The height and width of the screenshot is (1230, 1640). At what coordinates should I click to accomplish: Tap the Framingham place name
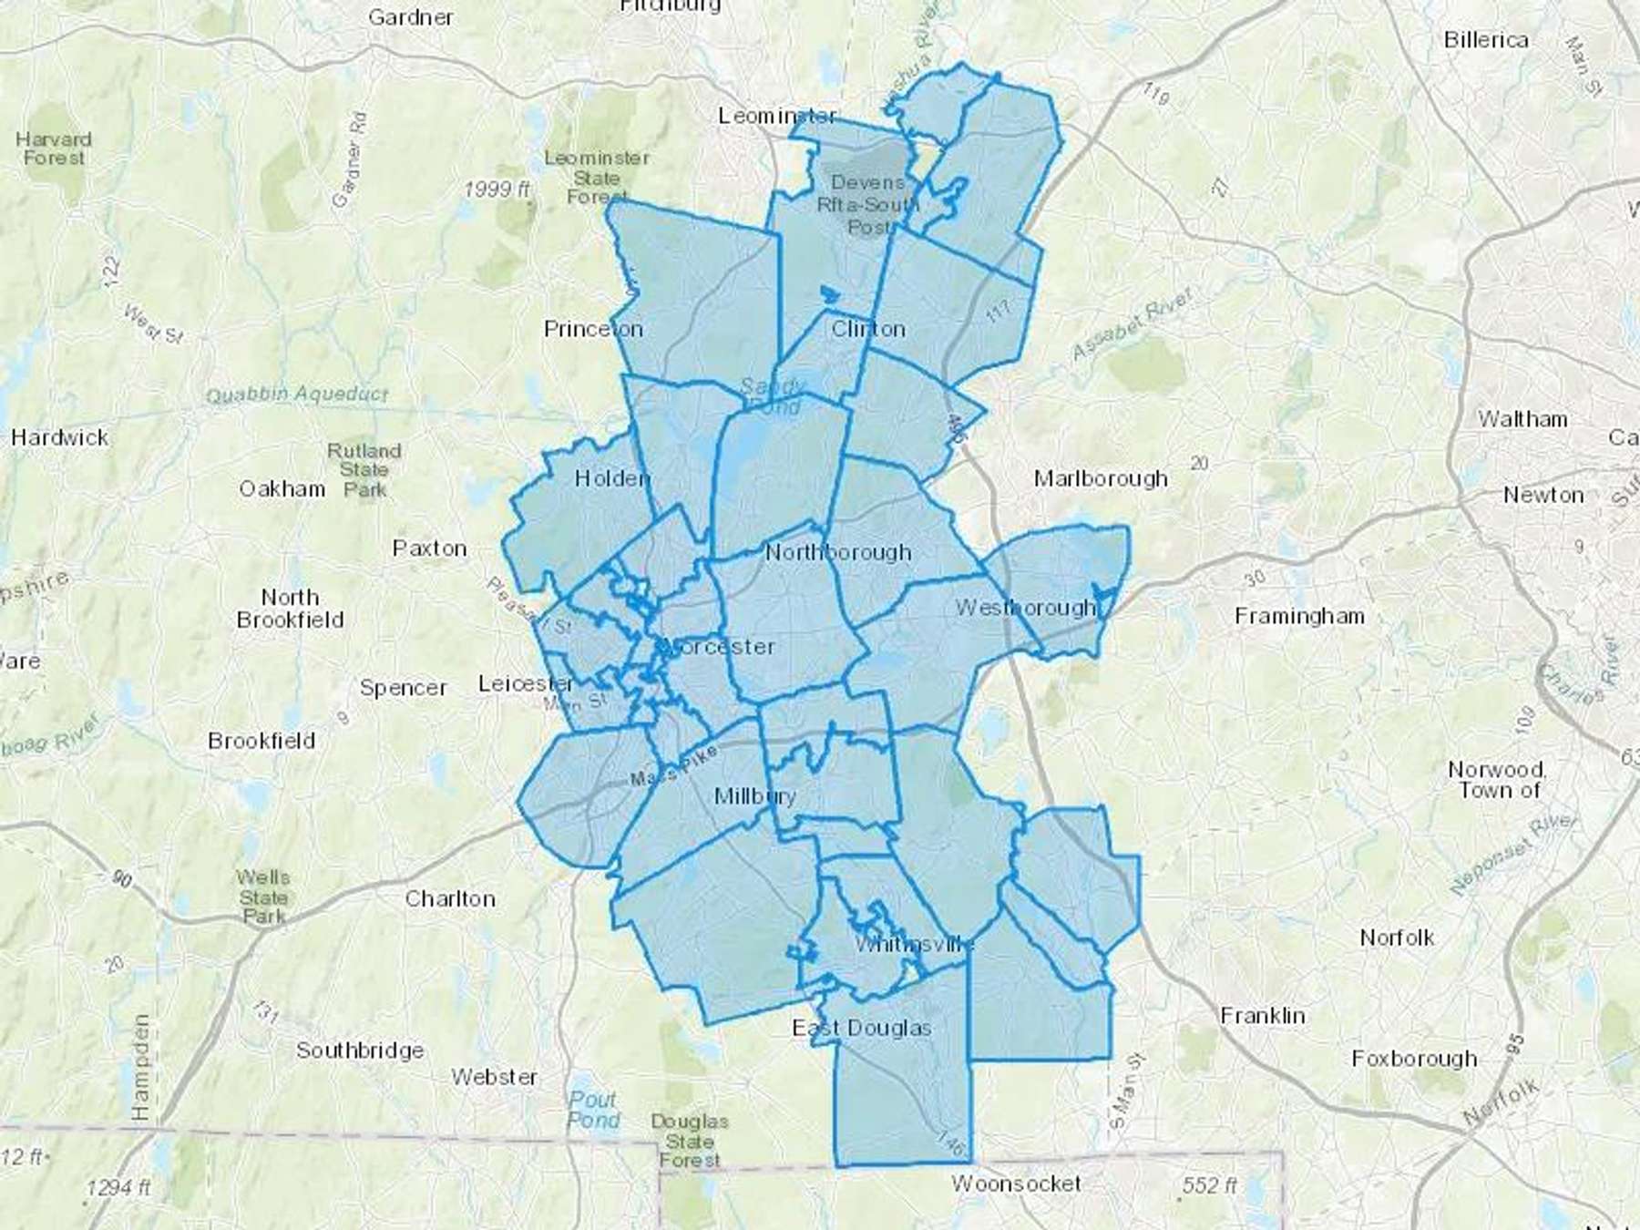[x=1299, y=617]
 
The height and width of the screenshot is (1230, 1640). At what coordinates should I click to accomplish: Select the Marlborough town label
[x=1101, y=478]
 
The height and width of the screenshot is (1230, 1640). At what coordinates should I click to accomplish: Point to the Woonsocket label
[x=1016, y=1184]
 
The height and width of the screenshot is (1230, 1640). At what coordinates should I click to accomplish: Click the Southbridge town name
[x=360, y=1051]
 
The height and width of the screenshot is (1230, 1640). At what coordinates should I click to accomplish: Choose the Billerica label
[x=1485, y=40]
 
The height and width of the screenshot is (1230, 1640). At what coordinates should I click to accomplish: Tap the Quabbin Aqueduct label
[x=297, y=395]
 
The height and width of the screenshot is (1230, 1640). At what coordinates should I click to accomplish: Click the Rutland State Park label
[x=364, y=470]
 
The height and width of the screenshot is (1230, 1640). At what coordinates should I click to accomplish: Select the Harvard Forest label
[x=54, y=149]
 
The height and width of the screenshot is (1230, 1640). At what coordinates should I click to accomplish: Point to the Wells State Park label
[x=263, y=897]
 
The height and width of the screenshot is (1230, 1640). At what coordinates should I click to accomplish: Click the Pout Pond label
[x=593, y=1110]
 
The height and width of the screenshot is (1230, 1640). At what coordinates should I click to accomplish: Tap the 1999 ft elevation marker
[x=497, y=190]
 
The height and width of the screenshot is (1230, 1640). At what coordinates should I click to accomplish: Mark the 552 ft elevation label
[x=1209, y=1185]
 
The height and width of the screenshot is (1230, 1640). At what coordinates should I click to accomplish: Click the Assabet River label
[x=1132, y=324]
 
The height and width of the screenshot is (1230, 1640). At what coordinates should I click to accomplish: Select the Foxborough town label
[x=1414, y=1059]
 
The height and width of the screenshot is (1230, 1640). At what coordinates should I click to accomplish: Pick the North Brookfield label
[x=290, y=609]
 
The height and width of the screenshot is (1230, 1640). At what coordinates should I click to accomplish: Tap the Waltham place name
[x=1522, y=419]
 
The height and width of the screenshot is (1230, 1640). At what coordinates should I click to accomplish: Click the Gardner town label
[x=411, y=16]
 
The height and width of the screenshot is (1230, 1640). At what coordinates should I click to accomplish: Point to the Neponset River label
[x=1512, y=856]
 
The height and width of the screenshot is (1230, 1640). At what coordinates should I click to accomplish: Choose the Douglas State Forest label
[x=690, y=1141]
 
